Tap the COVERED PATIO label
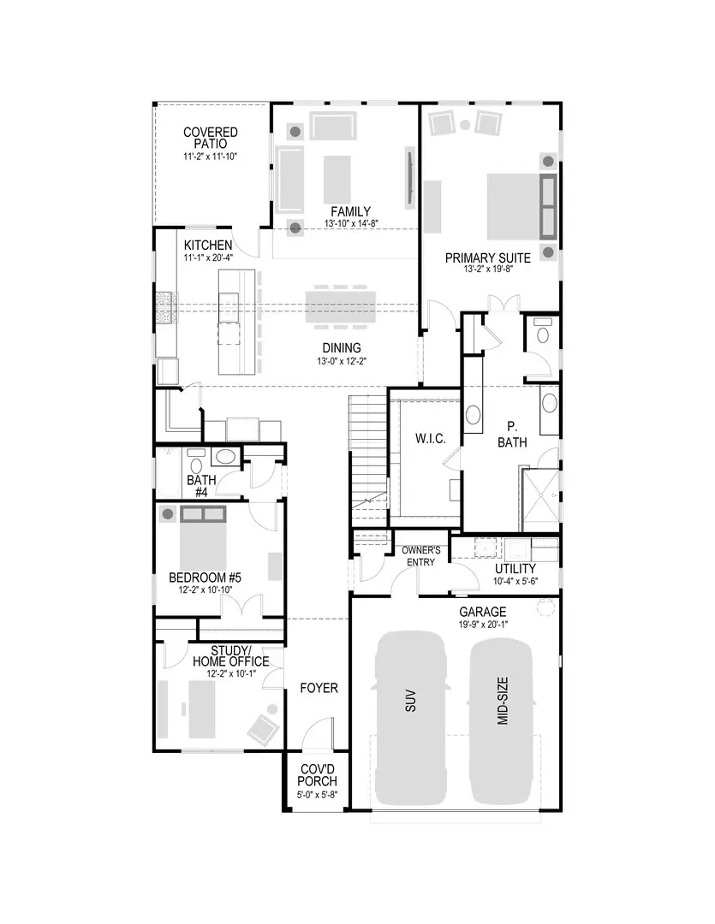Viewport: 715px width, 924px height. [x=211, y=138]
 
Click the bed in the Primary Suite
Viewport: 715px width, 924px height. [x=514, y=205]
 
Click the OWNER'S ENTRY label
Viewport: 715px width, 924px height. [x=420, y=556]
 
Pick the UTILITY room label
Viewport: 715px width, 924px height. [x=515, y=569]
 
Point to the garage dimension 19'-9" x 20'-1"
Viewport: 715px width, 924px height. [x=483, y=624]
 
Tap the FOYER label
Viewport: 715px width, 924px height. [x=318, y=688]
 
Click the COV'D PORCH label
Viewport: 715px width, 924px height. [x=318, y=775]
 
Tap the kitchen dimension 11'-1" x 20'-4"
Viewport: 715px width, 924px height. [x=207, y=257]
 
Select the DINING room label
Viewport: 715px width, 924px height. [x=341, y=347]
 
